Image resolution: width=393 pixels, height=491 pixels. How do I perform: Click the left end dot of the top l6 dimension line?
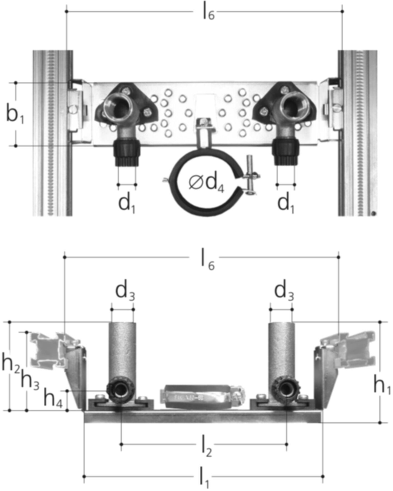[67, 11]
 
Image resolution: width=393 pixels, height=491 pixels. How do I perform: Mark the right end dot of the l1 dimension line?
[323, 477]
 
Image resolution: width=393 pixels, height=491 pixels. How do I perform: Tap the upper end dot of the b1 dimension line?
[16, 83]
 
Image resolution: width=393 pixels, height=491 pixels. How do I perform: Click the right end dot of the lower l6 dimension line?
[339, 257]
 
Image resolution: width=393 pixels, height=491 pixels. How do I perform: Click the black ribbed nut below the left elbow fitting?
[126, 153]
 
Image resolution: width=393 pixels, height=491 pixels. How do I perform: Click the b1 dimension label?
[15, 115]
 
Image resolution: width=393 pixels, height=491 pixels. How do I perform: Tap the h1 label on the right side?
[381, 386]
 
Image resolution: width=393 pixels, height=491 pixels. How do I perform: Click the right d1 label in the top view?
[286, 204]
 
